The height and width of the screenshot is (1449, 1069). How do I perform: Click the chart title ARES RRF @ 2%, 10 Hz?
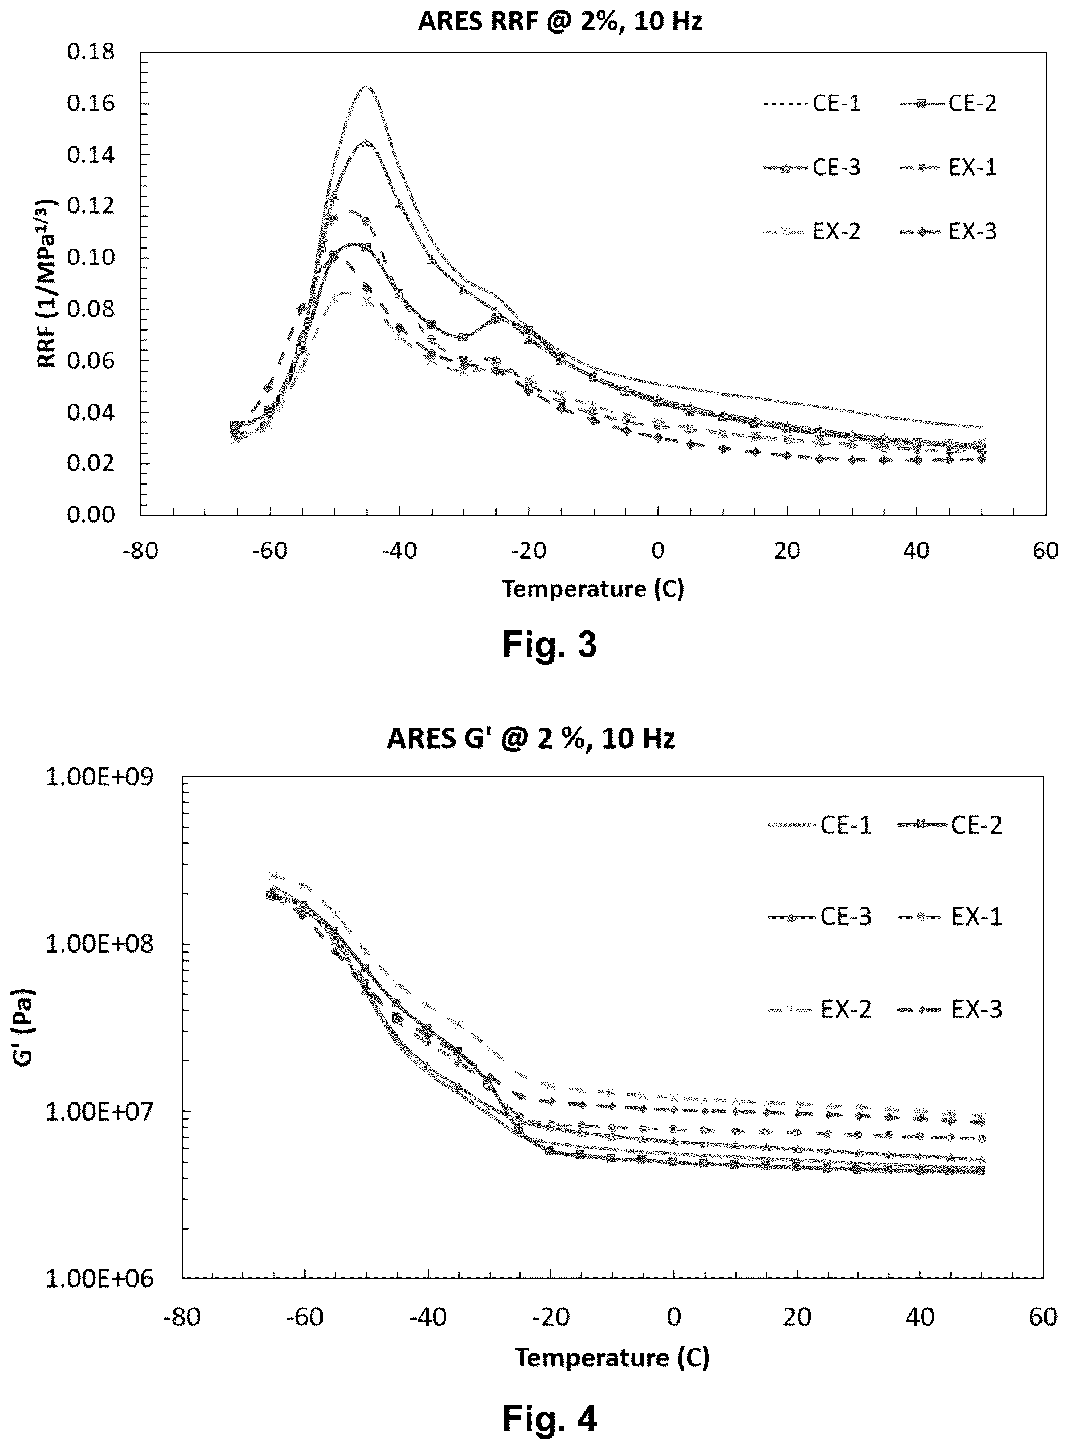[560, 21]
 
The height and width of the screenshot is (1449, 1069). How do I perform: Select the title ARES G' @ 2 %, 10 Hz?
[531, 738]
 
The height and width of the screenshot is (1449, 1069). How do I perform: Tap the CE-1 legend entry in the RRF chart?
[811, 104]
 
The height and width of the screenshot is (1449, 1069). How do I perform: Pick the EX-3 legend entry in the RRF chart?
[948, 231]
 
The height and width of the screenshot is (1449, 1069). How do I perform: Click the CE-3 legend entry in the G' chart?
[820, 917]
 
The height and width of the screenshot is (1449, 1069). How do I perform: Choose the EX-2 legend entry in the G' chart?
[820, 1009]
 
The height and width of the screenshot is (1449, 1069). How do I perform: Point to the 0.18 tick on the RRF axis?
[91, 52]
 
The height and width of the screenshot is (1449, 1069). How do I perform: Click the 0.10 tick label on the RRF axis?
[91, 258]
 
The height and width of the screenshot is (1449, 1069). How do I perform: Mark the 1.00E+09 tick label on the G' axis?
[100, 776]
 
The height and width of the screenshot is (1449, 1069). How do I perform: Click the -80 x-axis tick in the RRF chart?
[140, 551]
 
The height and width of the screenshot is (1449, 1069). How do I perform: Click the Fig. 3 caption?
[550, 644]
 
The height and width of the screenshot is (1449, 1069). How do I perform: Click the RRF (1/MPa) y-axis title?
[47, 283]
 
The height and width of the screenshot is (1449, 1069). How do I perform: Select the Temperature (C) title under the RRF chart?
[594, 589]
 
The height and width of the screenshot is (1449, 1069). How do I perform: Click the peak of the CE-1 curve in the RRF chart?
[366, 86]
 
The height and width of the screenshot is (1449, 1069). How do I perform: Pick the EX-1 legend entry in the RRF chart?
[948, 168]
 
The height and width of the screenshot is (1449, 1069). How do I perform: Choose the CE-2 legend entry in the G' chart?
[950, 825]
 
